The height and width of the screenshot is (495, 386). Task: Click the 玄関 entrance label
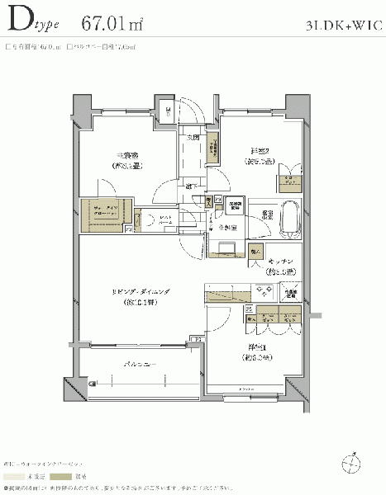click(193, 137)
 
